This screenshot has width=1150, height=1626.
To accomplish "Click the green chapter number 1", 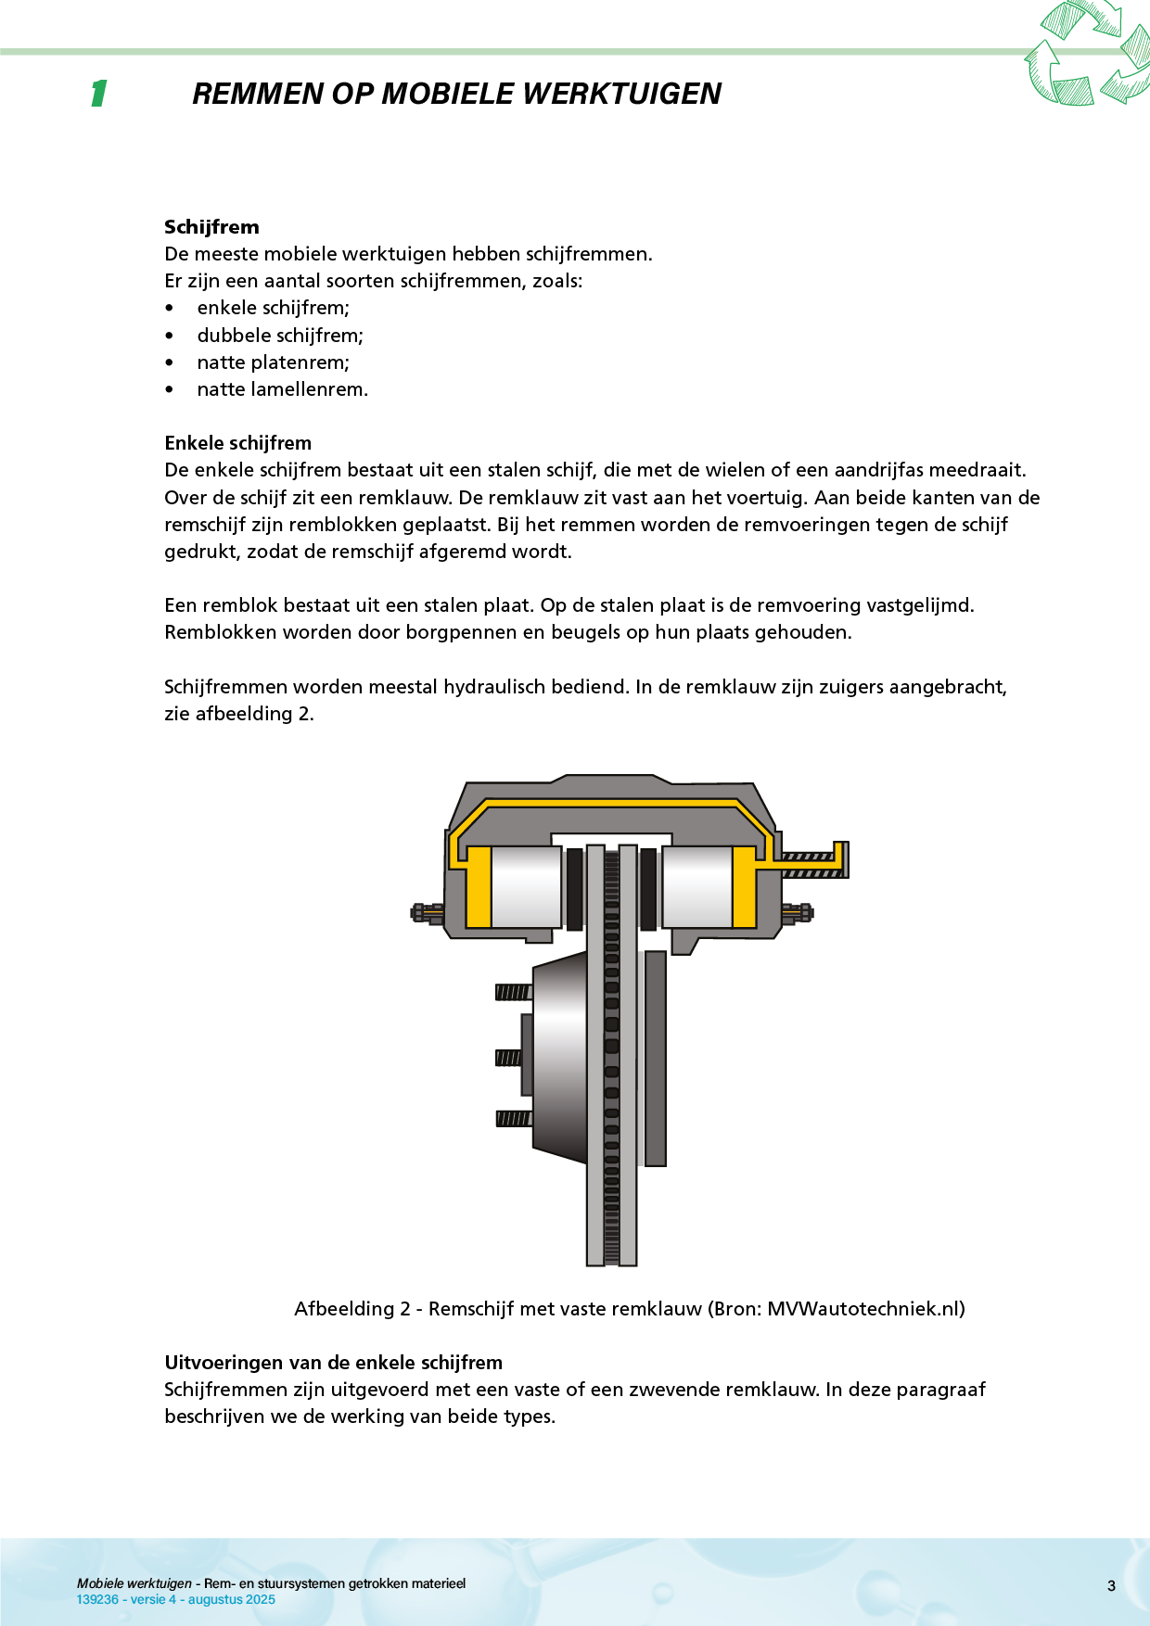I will (98, 94).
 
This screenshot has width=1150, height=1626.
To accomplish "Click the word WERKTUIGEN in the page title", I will (621, 94).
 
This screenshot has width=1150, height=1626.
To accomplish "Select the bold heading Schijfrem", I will (211, 227).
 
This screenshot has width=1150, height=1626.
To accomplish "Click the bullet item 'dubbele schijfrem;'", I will (280, 336).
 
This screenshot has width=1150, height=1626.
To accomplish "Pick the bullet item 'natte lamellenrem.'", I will (282, 389).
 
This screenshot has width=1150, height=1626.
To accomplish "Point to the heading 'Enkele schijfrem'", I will (237, 443).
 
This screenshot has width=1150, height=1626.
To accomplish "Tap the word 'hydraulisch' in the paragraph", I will (494, 687).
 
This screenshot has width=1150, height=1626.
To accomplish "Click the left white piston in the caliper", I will (526, 886).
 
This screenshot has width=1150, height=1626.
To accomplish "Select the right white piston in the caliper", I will (696, 886).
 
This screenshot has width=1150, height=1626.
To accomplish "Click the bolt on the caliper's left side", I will (427, 913).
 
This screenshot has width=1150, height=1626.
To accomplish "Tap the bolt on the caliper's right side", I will (798, 913).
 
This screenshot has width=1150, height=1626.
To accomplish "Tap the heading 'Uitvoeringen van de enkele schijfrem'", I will (333, 1363).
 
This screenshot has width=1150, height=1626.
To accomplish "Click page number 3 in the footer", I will (1111, 1586).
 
